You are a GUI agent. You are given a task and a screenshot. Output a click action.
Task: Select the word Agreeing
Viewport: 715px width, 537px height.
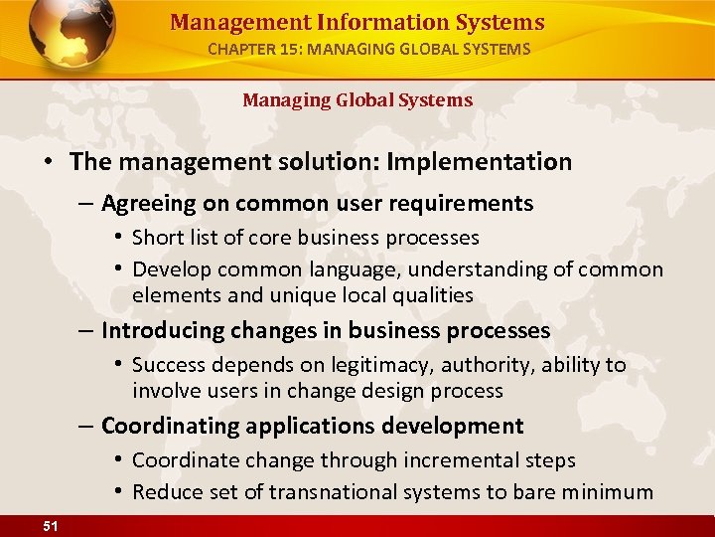(145, 204)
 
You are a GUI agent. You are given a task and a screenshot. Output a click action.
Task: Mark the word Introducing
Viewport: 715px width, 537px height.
(162, 330)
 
